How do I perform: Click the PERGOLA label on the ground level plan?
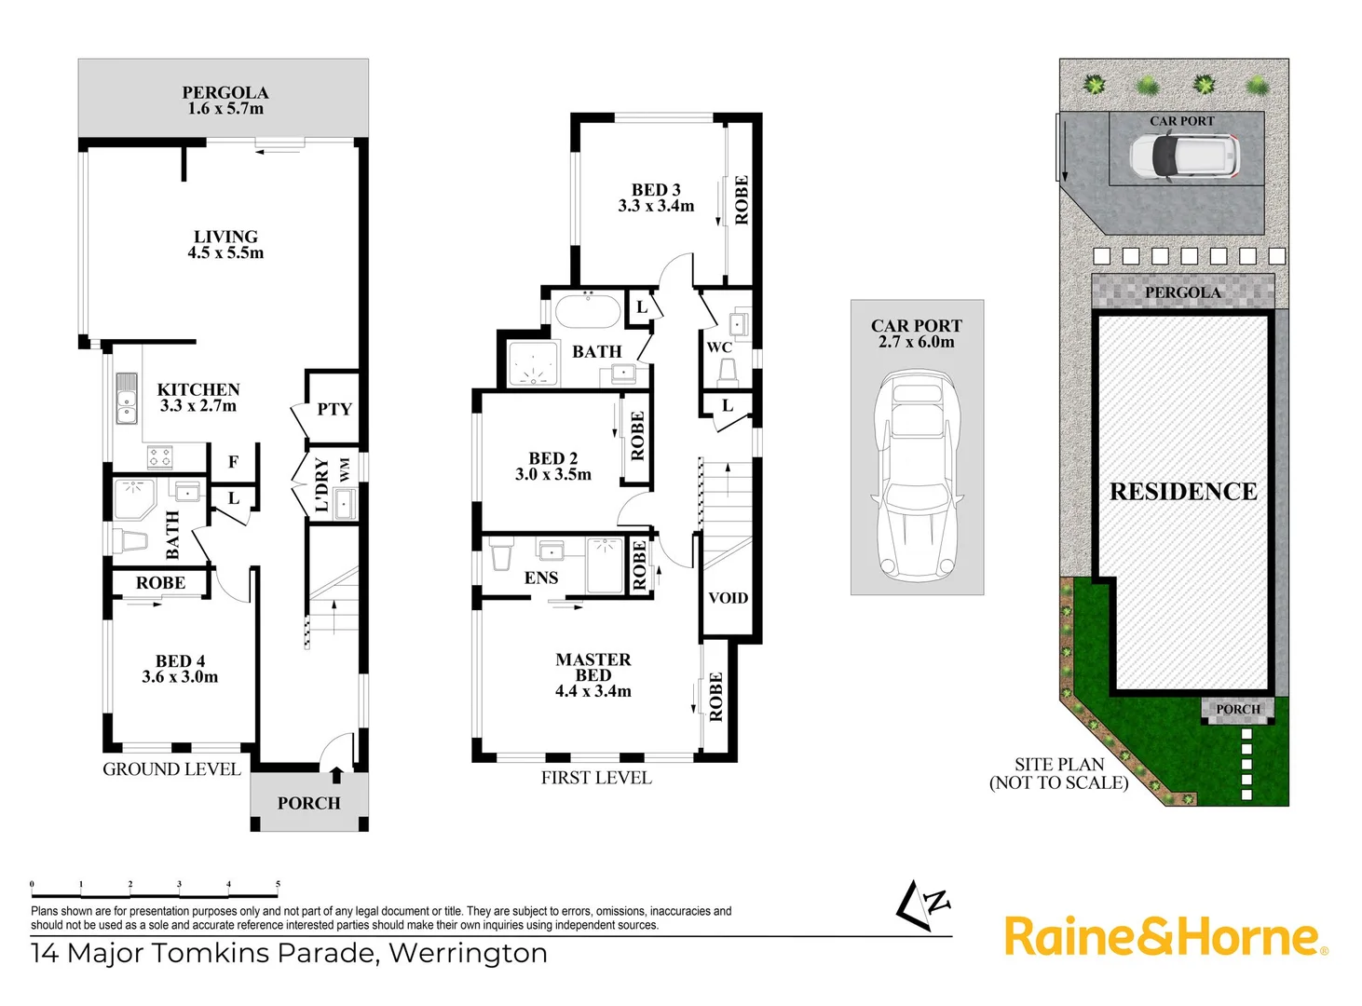225,93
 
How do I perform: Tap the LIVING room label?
225,238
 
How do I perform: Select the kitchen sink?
126,398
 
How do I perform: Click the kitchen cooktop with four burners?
159,456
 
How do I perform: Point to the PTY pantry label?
334,409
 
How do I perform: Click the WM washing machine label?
345,469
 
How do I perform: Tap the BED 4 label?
180,661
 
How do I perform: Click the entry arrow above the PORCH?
336,774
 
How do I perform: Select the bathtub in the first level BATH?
588,311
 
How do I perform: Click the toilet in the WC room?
728,373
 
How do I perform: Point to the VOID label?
728,598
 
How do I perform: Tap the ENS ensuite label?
540,578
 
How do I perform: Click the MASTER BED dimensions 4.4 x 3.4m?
593,692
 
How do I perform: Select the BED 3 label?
656,190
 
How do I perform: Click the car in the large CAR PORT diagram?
917,475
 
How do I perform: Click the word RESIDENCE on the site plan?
1183,492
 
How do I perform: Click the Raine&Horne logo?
1165,936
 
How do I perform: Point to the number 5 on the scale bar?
278,884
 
